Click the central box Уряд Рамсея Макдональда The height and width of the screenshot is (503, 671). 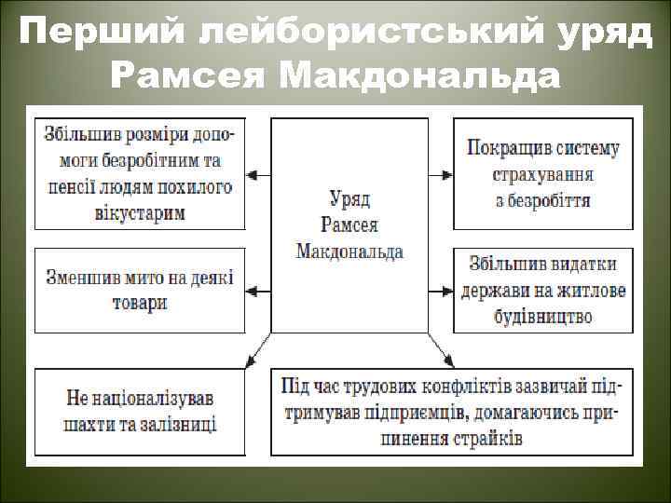[x=349, y=224]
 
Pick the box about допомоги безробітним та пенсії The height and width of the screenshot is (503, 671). [x=140, y=173]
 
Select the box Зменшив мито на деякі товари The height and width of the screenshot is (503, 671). [x=140, y=290]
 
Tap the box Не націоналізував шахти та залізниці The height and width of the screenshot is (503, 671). [x=140, y=412]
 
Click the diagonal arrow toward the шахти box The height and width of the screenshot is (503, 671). [x=253, y=352]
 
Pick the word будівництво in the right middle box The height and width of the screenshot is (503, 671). [x=542, y=316]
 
